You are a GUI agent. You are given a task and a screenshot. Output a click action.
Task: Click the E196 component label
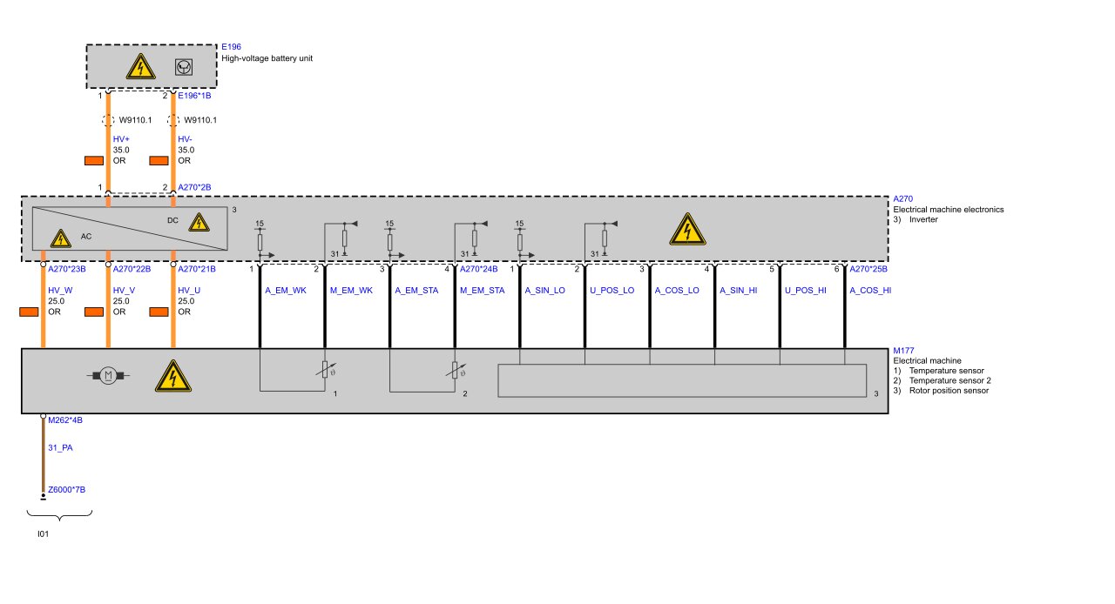click(231, 46)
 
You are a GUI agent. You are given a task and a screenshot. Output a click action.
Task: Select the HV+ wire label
click(121, 139)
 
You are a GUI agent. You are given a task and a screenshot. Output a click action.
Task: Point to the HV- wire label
click(186, 139)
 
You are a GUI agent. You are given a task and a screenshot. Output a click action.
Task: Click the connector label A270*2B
click(194, 187)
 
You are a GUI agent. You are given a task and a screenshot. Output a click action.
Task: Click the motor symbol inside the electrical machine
click(108, 375)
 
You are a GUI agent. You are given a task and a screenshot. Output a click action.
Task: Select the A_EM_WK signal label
click(286, 291)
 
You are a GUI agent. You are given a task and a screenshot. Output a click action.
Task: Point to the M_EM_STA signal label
click(482, 291)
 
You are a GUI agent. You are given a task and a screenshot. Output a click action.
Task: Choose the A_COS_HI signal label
click(870, 291)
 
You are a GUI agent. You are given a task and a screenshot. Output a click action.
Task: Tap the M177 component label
click(903, 351)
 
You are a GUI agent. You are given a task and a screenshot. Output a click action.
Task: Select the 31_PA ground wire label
click(60, 448)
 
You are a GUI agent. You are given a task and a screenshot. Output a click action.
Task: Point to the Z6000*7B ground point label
click(66, 490)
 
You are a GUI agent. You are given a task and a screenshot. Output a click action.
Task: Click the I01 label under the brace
click(43, 534)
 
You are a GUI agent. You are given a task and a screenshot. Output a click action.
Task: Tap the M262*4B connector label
click(65, 419)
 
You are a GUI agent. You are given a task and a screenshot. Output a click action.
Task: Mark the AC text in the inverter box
click(85, 236)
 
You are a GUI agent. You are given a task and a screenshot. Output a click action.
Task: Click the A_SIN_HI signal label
click(740, 291)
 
